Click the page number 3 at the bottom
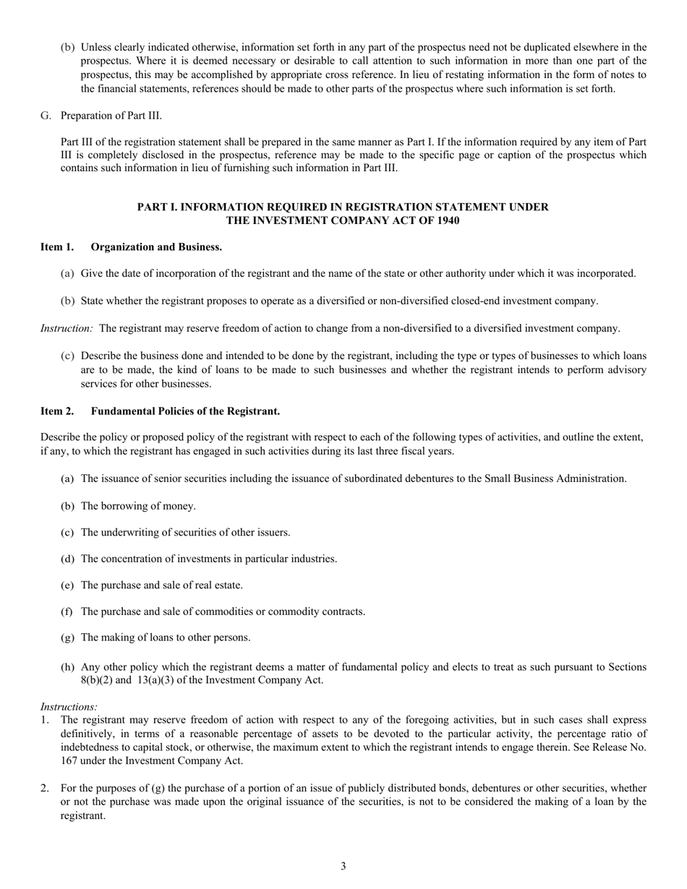point(343,866)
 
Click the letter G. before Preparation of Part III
point(46,116)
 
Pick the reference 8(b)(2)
point(98,680)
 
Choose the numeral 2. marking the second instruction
point(45,789)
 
